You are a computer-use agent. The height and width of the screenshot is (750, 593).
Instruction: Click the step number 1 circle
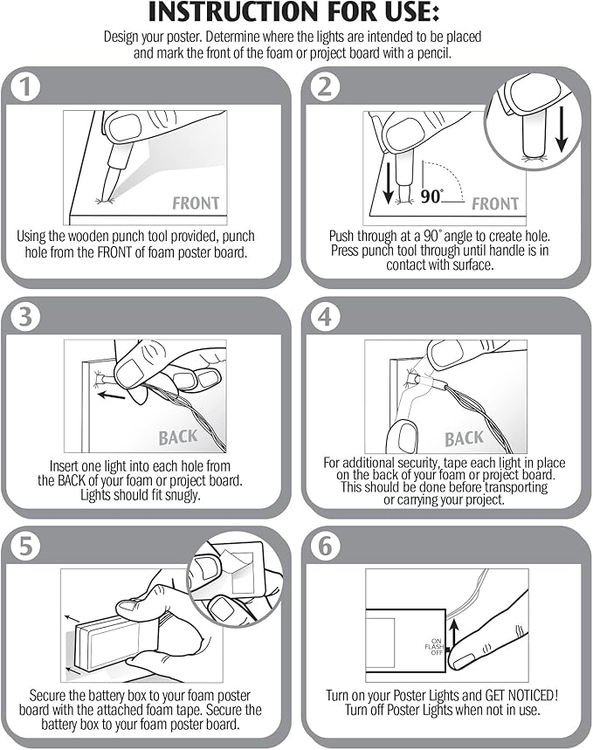click(x=25, y=87)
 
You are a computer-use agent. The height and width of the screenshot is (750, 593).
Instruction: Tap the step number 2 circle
click(x=325, y=87)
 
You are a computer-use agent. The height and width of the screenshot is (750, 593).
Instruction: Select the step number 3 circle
click(x=25, y=317)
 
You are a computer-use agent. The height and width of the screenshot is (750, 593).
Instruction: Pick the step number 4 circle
click(x=325, y=317)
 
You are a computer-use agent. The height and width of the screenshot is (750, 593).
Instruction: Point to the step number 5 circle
click(x=25, y=546)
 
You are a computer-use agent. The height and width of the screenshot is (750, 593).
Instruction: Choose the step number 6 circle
click(x=325, y=546)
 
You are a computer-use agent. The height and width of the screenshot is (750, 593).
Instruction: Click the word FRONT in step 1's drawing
click(x=196, y=203)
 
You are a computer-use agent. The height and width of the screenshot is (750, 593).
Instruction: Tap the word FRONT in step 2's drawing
click(x=495, y=204)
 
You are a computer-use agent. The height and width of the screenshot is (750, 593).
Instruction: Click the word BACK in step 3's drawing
click(x=178, y=437)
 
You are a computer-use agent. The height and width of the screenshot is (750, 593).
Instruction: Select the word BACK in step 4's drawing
click(x=465, y=438)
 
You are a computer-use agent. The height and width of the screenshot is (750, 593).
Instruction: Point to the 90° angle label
click(x=431, y=196)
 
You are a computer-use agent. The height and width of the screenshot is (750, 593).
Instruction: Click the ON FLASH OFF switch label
click(x=435, y=647)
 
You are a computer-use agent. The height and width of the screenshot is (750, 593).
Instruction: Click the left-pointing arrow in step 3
click(x=112, y=396)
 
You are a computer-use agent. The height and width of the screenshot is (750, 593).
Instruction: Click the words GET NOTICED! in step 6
click(x=521, y=695)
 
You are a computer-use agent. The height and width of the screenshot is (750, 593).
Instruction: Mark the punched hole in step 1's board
click(x=104, y=201)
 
